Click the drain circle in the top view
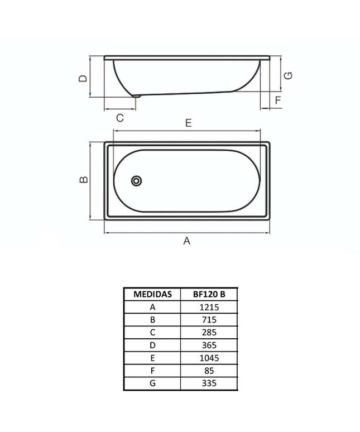(x=136, y=181)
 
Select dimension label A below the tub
(x=187, y=241)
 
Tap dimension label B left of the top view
(x=84, y=180)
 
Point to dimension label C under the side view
(x=120, y=118)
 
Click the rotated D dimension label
(x=83, y=79)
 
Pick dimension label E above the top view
(x=189, y=123)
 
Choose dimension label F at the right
(x=278, y=100)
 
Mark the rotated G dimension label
(x=288, y=75)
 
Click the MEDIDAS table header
(x=152, y=294)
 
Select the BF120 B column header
(x=209, y=294)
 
